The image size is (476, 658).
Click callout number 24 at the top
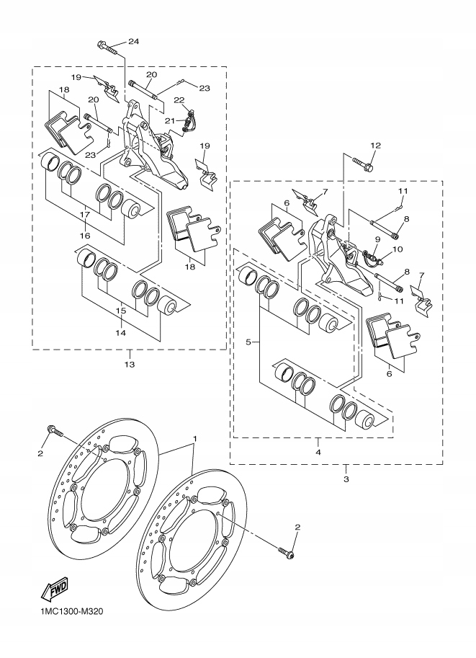(133, 41)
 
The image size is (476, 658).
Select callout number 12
(374, 146)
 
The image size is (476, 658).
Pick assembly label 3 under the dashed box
(346, 479)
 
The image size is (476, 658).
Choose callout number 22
(179, 100)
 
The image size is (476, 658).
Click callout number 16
(84, 236)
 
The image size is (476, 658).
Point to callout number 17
(84, 214)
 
